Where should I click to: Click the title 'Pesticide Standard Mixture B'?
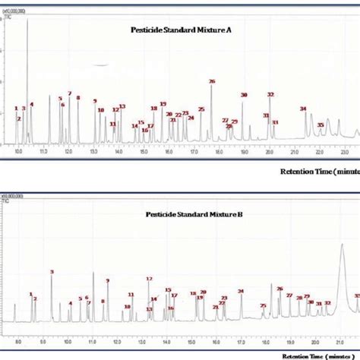pos(194,214)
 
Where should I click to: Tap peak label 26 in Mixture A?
pos(212,81)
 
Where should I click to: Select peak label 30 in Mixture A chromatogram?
pos(244,95)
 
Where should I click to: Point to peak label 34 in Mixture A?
pos(303,109)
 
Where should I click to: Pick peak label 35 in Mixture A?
pos(321,125)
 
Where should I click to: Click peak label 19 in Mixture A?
pos(163,104)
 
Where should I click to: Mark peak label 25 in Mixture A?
pos(201,110)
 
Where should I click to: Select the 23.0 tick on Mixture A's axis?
pos(345,152)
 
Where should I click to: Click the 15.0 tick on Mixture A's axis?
pos(144,152)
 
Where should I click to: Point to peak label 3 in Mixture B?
pos(52,272)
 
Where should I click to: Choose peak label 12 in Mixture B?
pos(149,279)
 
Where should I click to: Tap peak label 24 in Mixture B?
pos(241,291)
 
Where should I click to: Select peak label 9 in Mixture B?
pos(107,281)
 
